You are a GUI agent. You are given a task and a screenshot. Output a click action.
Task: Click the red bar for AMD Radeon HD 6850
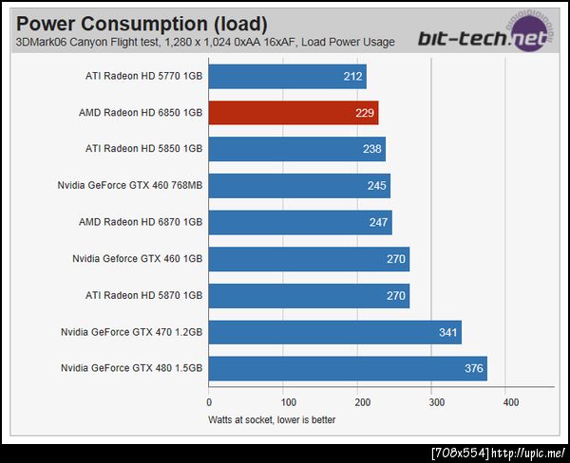click(x=293, y=113)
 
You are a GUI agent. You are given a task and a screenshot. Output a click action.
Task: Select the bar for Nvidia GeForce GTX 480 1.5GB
click(x=348, y=368)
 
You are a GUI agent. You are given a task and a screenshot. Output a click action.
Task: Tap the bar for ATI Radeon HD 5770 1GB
click(x=287, y=77)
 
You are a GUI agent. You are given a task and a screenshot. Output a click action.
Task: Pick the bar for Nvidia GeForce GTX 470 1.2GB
click(x=334, y=332)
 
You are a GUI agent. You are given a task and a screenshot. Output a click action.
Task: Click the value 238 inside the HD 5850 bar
click(x=372, y=150)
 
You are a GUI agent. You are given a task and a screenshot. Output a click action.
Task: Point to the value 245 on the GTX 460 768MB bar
click(x=377, y=186)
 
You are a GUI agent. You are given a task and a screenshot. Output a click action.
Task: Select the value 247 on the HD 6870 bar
click(x=379, y=223)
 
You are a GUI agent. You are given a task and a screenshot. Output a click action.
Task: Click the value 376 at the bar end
click(x=473, y=368)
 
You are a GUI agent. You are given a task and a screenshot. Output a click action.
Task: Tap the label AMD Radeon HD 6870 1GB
click(x=141, y=223)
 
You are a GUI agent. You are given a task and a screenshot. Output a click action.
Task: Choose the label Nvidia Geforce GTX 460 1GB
click(x=137, y=259)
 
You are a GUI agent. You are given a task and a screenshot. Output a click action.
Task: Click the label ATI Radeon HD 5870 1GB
click(x=143, y=295)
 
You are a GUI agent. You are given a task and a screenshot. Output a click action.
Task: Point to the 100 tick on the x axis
click(x=283, y=402)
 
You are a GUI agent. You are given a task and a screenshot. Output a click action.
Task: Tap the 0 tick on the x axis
click(x=209, y=402)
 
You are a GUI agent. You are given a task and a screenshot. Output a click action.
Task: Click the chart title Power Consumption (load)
click(x=142, y=23)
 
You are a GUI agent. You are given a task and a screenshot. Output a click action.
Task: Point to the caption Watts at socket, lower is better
click(x=272, y=419)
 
